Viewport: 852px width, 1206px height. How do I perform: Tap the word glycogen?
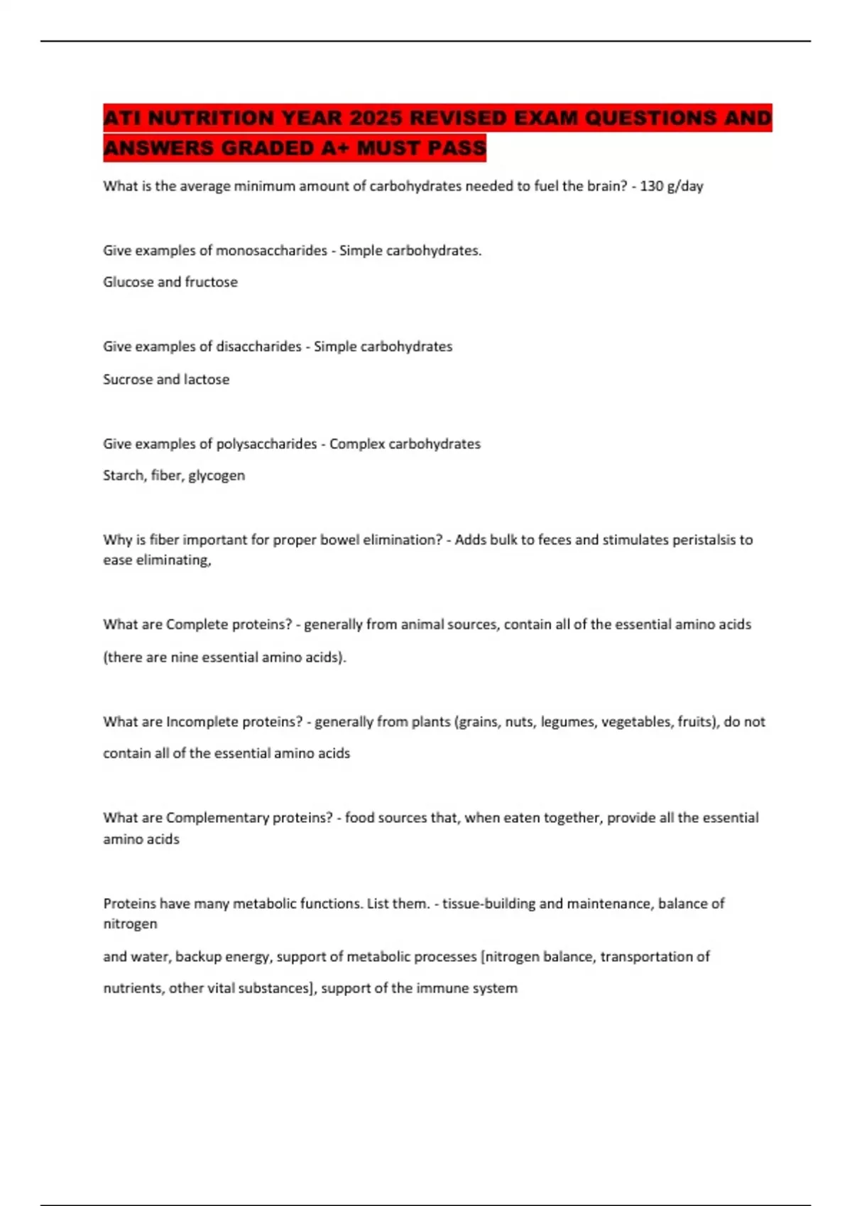click(217, 475)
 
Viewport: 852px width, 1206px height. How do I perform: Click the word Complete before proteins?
click(194, 624)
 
